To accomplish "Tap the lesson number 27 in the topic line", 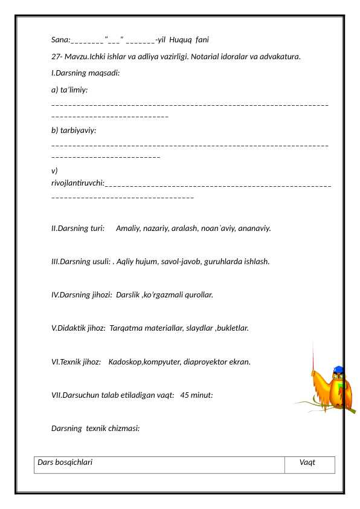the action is point(56,57).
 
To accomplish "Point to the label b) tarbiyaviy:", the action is point(74,130).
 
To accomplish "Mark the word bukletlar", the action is point(232,329).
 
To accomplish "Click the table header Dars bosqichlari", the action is point(65,462).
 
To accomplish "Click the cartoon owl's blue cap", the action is point(338,370).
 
